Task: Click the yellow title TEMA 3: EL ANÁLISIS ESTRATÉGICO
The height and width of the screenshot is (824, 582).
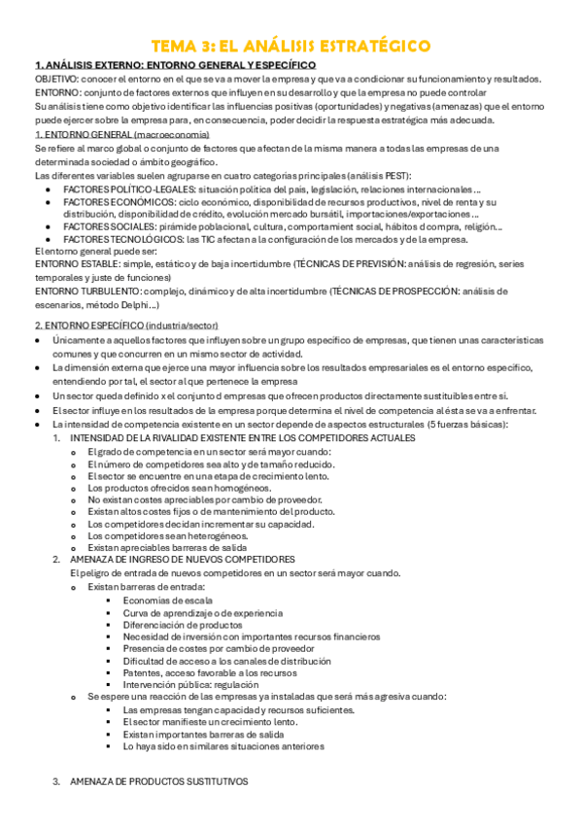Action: (291, 47)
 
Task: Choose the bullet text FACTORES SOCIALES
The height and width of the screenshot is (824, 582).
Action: (105, 226)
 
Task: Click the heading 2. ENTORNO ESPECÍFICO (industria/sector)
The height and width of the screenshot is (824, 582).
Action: (126, 325)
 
